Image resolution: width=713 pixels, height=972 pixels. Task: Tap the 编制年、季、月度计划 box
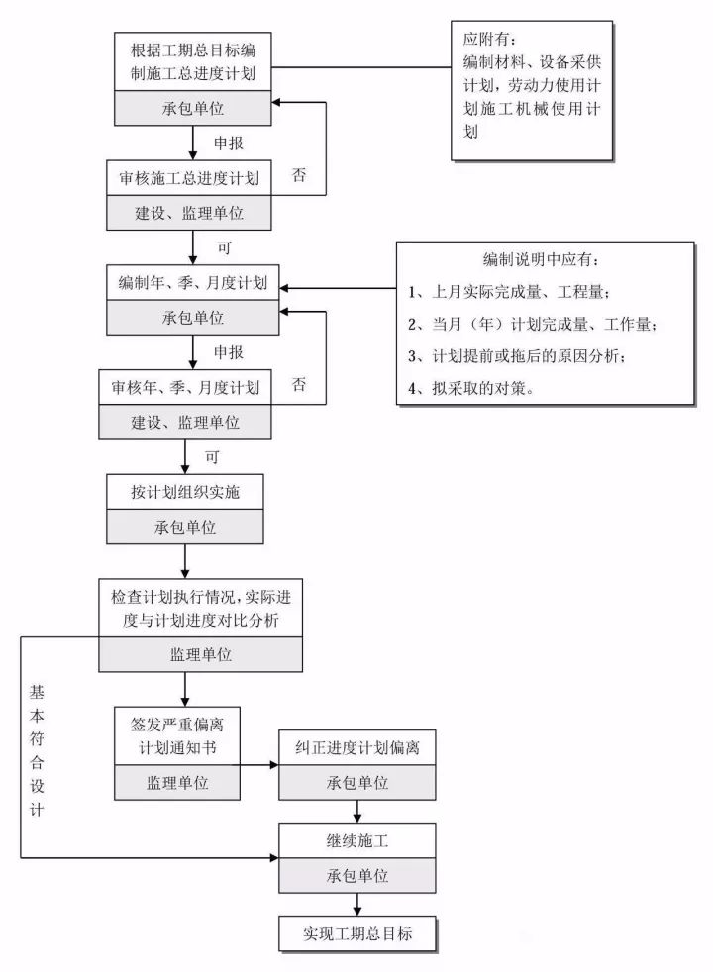point(193,284)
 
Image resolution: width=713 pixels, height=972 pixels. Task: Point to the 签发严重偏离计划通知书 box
point(178,733)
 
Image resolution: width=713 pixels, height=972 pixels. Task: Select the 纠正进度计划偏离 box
point(356,747)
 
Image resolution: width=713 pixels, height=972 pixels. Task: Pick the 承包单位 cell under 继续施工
point(356,876)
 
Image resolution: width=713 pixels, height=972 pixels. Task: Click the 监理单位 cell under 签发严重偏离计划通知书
point(178,782)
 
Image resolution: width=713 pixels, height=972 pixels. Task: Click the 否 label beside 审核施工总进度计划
point(299,175)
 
